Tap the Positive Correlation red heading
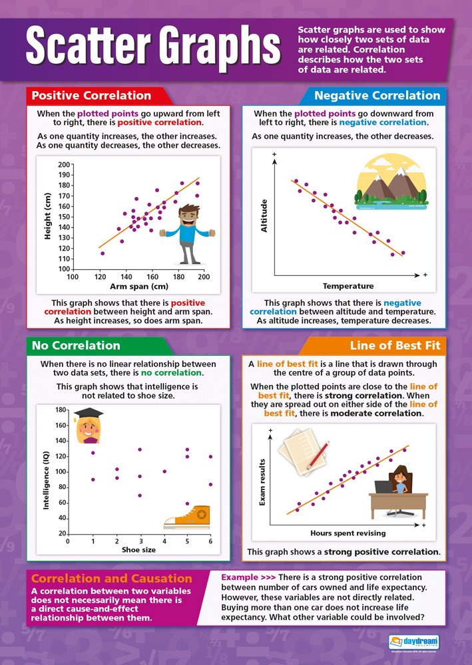pyautogui.click(x=91, y=95)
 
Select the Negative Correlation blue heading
pyautogui.click(x=377, y=95)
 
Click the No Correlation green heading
pyautogui.click(x=76, y=345)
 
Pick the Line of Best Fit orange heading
pyautogui.click(x=395, y=346)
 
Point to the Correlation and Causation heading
pyautogui.click(x=112, y=578)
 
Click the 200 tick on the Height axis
pyautogui.click(x=64, y=164)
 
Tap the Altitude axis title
pyautogui.click(x=264, y=215)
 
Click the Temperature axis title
pyautogui.click(x=348, y=286)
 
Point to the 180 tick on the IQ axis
pyautogui.click(x=61, y=410)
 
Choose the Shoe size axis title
pyautogui.click(x=138, y=550)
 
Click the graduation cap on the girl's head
pyautogui.click(x=89, y=414)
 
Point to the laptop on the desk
pyautogui.click(x=384, y=487)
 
